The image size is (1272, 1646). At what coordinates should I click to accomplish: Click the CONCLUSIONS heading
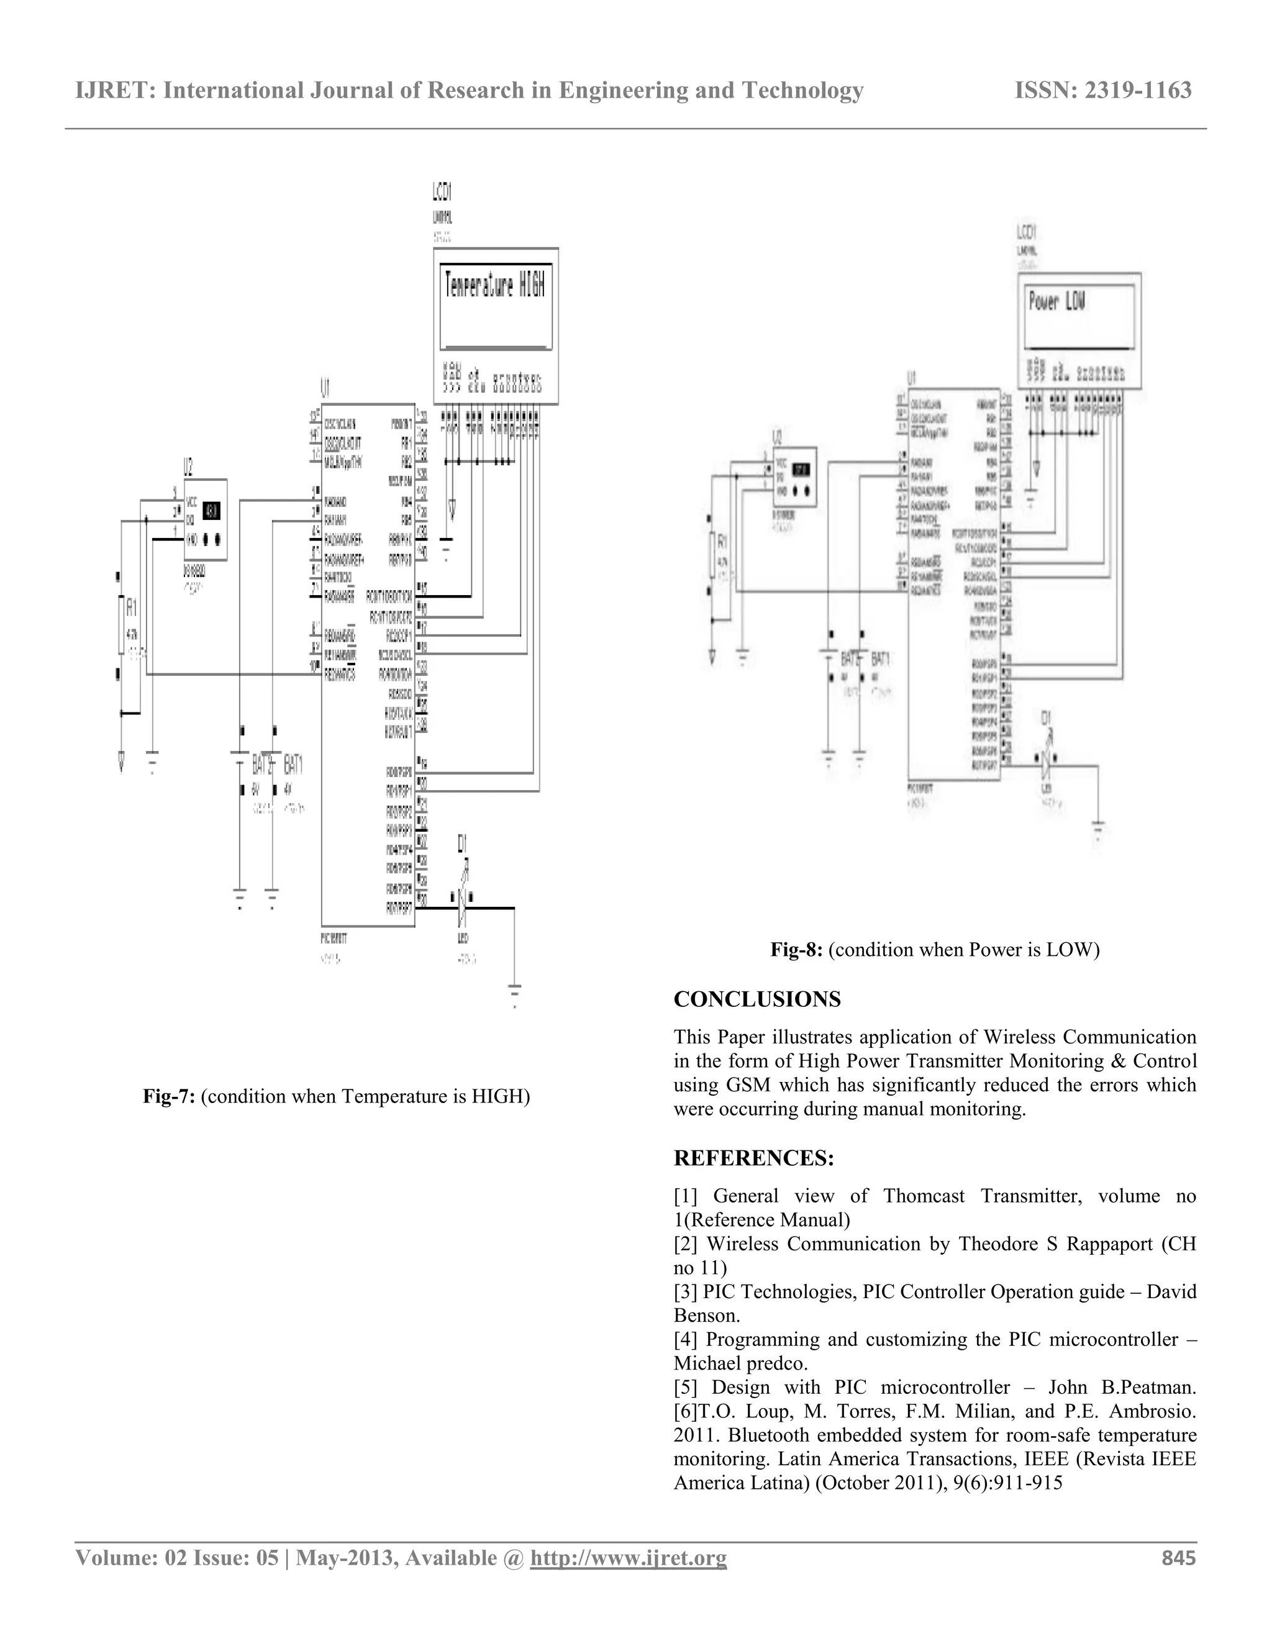(x=756, y=999)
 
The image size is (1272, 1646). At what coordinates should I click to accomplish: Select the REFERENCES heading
(x=753, y=1158)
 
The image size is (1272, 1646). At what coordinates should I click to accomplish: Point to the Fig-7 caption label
(x=170, y=1096)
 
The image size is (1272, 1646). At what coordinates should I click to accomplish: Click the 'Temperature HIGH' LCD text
(x=495, y=286)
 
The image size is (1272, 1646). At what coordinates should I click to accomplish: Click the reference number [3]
(x=685, y=1292)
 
